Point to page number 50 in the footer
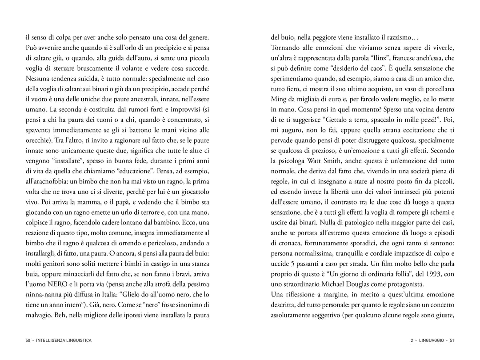[28, 340]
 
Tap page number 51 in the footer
[452, 340]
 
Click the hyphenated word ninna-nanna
[44, 294]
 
